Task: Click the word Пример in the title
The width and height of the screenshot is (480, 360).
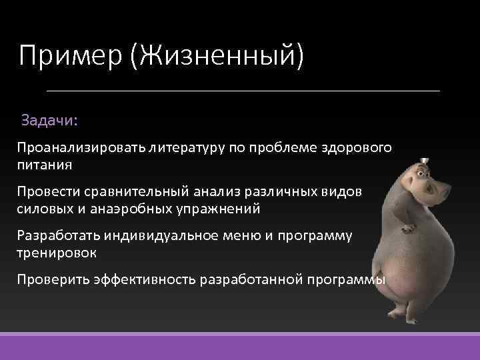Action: coord(70,55)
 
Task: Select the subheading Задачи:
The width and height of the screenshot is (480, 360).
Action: coord(49,121)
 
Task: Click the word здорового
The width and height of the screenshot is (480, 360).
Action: coord(360,146)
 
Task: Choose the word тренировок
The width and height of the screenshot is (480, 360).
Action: coord(57,254)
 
